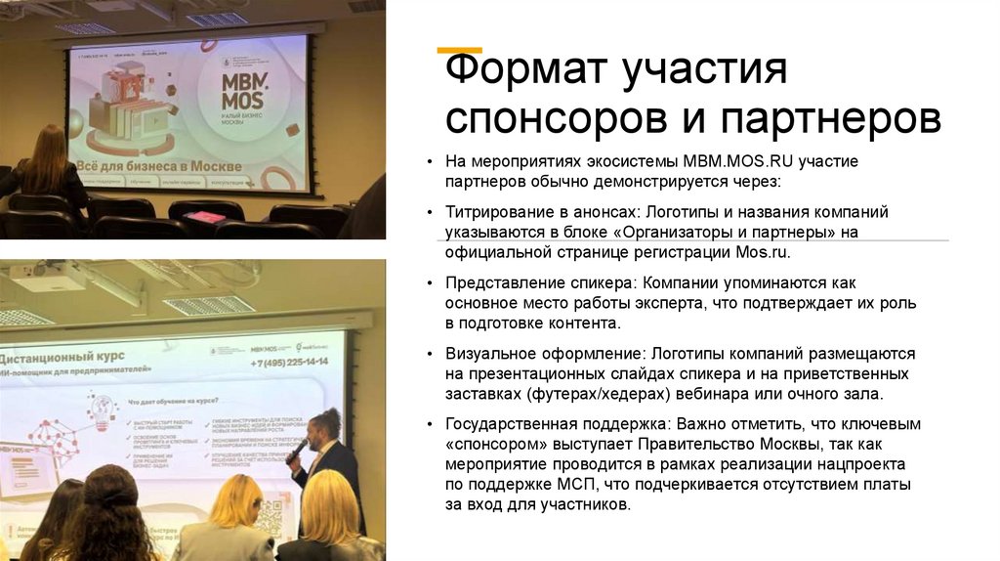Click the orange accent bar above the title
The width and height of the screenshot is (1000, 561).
coord(458,49)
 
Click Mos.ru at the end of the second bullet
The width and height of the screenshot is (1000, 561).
coord(761,251)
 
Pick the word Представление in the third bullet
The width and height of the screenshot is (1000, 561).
coord(504,282)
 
